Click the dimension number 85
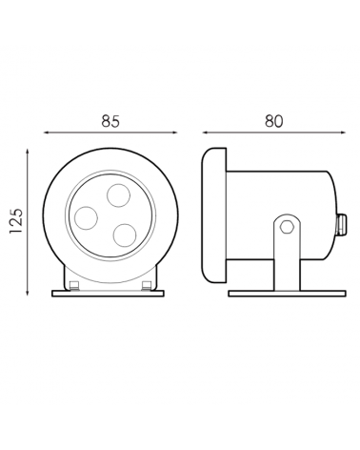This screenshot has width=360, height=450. coord(110,121)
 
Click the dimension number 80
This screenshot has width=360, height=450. coord(274,121)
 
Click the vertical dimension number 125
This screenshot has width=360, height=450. coord(16,221)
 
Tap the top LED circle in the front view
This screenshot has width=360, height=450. coord(118,195)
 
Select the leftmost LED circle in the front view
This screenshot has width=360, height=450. coord(86,217)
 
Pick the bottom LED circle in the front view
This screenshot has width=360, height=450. coord(125,235)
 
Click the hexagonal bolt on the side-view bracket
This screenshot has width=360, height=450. coord(287,226)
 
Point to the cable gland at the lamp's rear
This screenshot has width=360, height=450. coord(341,225)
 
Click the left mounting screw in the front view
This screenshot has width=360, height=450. coord(74,285)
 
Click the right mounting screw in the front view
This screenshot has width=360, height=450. coord(147,285)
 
